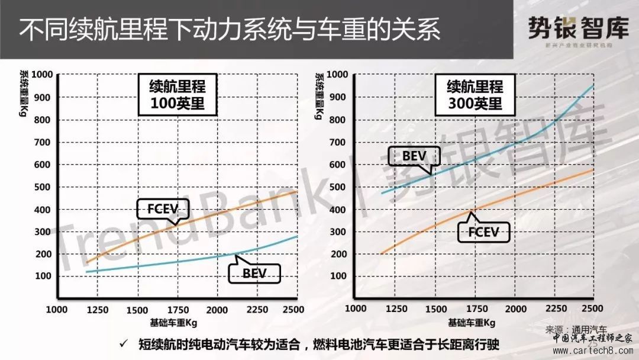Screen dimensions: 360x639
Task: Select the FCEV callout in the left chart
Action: coord(162,210)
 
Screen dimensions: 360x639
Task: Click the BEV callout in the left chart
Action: coord(254,273)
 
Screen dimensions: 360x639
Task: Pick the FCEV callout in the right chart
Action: coord(483,232)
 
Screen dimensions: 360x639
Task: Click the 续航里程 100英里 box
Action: coord(176,95)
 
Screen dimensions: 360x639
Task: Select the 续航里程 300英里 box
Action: coord(474,95)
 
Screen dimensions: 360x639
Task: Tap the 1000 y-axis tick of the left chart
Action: coord(43,75)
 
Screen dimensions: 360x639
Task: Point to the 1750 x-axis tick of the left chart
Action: coord(177,310)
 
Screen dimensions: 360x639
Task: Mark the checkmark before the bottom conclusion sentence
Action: coord(123,343)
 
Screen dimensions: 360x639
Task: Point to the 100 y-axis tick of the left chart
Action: coord(45,277)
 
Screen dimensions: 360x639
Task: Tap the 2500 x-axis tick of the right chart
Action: coord(592,309)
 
